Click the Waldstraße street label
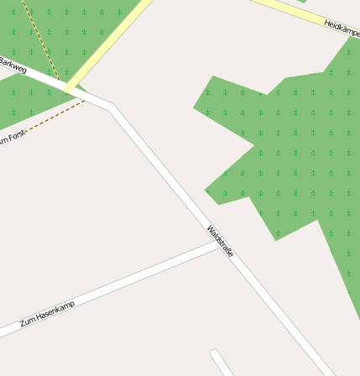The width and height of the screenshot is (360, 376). click(220, 241)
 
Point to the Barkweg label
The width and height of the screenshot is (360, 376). click(13, 65)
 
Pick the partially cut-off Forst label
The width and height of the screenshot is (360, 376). click(13, 137)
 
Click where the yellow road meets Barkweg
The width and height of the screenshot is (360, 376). click(70, 86)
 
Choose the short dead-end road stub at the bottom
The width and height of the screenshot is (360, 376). click(222, 363)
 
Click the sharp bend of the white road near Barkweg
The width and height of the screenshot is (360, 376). click(112, 106)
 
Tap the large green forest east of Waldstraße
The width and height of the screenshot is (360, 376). click(294, 151)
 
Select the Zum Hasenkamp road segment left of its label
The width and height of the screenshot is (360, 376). click(8, 331)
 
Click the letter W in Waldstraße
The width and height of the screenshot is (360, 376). click(211, 228)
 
